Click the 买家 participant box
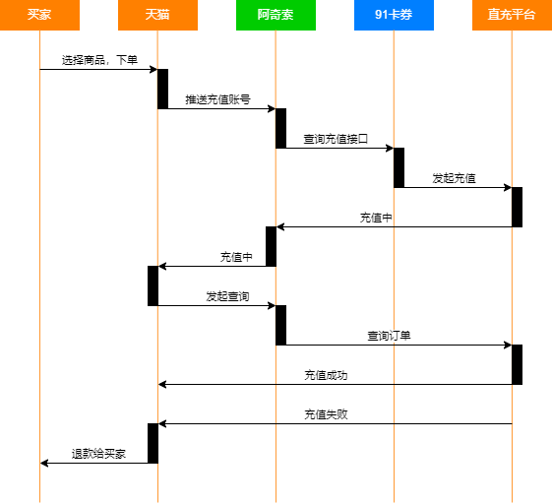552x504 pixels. (x=39, y=15)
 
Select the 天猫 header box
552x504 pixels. (x=157, y=15)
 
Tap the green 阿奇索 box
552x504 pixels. (x=276, y=15)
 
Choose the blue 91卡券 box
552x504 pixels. (x=394, y=15)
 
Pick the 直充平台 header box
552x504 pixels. (x=512, y=15)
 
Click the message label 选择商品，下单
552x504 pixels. (x=99, y=60)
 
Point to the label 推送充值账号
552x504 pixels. (x=217, y=99)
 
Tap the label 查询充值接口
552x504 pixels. (x=336, y=139)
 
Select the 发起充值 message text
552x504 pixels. (x=455, y=178)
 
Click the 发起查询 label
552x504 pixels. (x=227, y=296)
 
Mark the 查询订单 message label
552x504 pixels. (x=389, y=336)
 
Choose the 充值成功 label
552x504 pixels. (x=326, y=375)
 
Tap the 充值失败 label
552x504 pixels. (x=326, y=414)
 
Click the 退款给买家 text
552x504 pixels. (x=98, y=454)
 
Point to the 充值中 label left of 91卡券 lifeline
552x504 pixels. (x=376, y=218)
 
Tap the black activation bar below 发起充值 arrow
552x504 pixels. (x=517, y=207)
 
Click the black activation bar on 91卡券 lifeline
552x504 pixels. (x=399, y=167)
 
